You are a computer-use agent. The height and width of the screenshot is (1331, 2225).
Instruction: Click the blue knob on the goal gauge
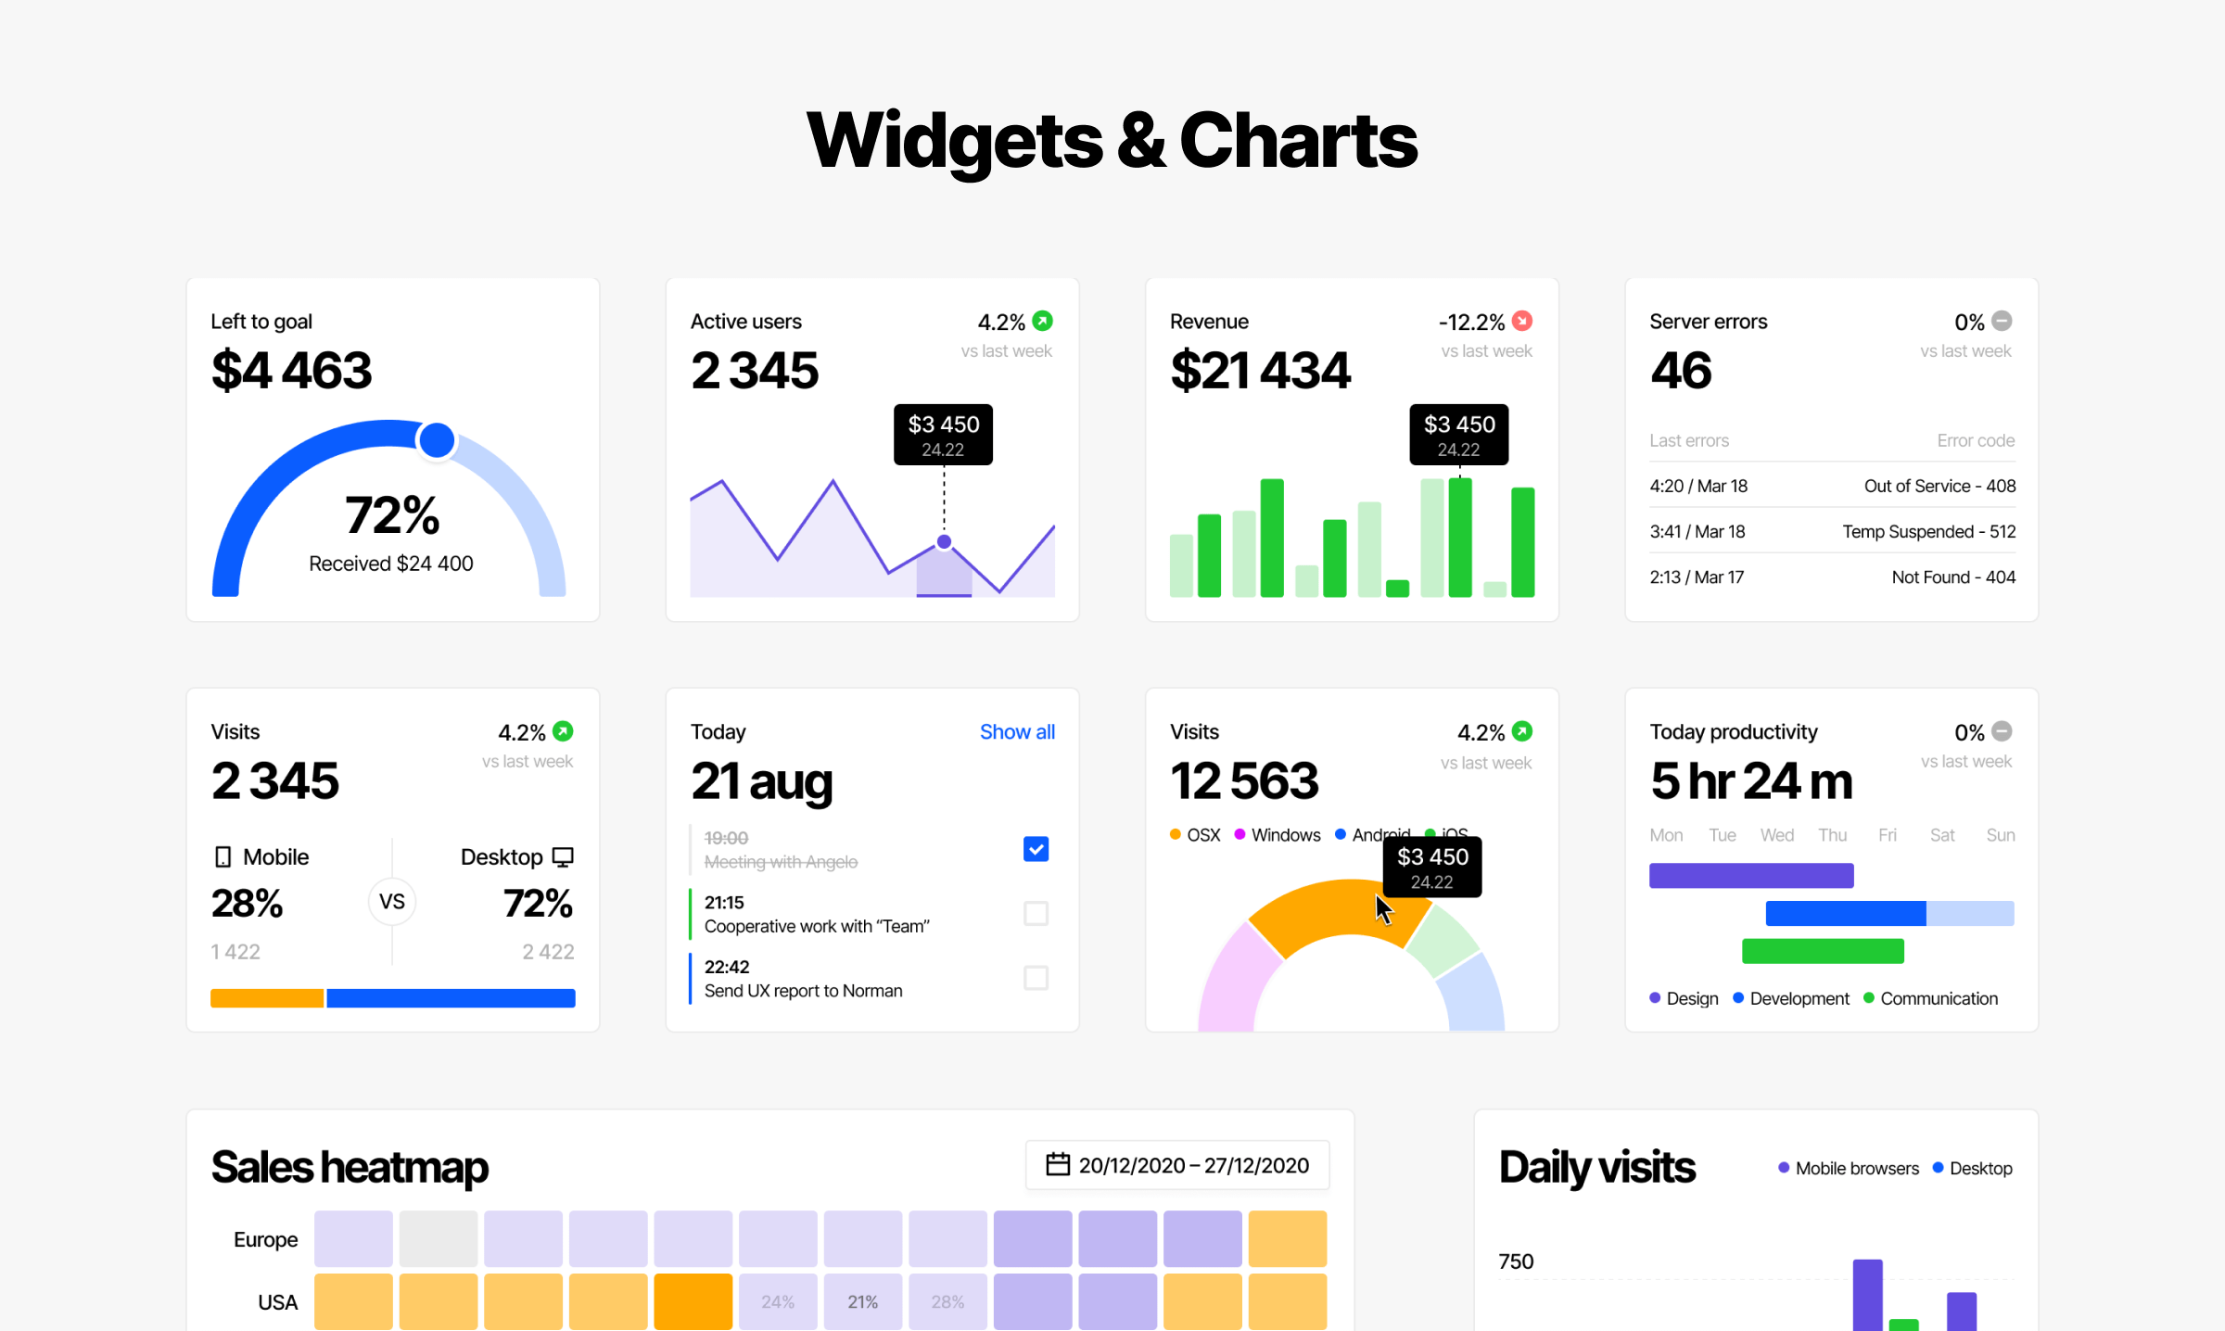(436, 440)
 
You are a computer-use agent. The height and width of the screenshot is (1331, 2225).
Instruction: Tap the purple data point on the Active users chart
(944, 542)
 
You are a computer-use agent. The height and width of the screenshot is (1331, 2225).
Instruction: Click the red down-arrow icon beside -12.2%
(1522, 322)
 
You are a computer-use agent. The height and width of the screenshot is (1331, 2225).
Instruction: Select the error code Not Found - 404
(1952, 577)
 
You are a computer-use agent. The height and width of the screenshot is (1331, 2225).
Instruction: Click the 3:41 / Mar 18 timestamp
(1697, 532)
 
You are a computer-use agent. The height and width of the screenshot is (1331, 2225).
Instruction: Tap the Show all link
(1017, 732)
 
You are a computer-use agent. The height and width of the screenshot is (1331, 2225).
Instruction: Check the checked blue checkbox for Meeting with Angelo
(1036, 849)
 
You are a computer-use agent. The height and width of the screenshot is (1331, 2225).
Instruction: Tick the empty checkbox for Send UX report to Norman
(1036, 978)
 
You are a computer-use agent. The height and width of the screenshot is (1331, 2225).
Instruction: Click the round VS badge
(392, 902)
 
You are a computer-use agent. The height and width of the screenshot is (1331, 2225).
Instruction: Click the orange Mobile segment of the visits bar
(267, 998)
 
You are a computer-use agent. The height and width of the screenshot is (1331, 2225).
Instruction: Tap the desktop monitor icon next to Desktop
(563, 857)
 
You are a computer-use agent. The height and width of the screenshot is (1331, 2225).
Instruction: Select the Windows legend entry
(1278, 835)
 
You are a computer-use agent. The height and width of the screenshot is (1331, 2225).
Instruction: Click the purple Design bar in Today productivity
(1751, 876)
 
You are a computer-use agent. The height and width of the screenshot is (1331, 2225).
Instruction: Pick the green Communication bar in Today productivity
(1823, 951)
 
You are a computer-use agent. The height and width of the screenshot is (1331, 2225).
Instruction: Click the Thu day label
(1832, 835)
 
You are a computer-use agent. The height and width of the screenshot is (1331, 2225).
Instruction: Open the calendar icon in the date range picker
(1058, 1165)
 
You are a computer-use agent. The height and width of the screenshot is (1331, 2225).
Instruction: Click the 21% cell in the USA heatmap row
(862, 1302)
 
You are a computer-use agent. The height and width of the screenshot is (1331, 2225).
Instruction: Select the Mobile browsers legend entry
(1849, 1169)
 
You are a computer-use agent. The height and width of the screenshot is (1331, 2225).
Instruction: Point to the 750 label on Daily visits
(1516, 1261)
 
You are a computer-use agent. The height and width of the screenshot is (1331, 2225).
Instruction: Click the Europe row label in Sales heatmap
(265, 1240)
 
